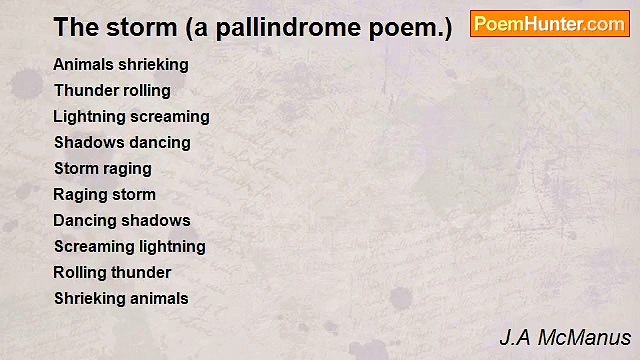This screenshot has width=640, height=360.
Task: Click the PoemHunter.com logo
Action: [549, 24]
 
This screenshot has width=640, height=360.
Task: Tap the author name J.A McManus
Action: [565, 337]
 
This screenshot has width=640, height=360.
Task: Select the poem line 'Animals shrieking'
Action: [121, 64]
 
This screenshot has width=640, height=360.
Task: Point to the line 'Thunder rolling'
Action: [112, 90]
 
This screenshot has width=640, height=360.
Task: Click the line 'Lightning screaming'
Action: [131, 116]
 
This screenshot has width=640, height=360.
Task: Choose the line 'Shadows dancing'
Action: [122, 142]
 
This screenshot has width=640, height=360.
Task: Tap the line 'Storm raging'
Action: [102, 168]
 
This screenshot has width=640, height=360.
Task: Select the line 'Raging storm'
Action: [104, 194]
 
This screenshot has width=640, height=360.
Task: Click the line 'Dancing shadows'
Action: [121, 220]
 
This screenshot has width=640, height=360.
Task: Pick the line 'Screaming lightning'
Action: [129, 246]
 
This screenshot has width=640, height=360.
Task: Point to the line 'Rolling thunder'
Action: [112, 272]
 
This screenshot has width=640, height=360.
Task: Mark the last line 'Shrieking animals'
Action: [121, 298]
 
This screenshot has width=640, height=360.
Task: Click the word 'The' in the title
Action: [74, 27]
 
